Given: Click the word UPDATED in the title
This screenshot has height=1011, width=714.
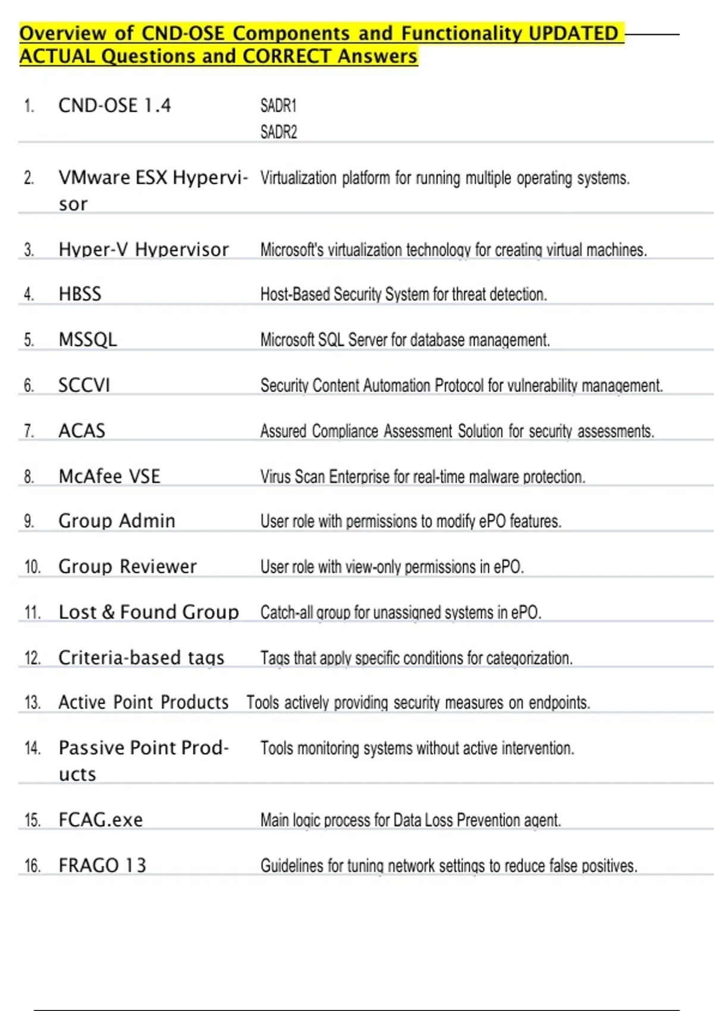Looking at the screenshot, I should tap(573, 33).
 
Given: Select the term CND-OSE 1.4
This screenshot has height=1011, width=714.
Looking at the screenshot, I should tap(114, 106).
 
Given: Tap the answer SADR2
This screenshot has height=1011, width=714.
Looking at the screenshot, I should tap(278, 132).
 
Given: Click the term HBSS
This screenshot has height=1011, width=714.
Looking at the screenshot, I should tap(80, 294).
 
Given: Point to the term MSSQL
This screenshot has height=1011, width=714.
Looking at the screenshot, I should tap(87, 340).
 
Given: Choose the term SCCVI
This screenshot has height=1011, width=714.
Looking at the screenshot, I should tap(84, 385).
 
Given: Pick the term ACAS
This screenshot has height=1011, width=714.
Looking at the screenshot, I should tap(82, 431).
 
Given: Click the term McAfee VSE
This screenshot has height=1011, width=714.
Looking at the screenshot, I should tap(109, 476).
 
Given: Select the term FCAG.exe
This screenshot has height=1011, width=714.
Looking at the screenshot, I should tap(101, 820).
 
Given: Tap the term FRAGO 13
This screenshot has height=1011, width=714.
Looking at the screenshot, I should tap(102, 865).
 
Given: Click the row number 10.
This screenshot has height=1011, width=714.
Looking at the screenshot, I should tap(32, 567).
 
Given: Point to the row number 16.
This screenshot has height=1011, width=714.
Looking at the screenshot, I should tap(32, 866).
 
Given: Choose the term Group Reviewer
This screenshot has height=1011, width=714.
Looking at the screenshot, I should tap(127, 567).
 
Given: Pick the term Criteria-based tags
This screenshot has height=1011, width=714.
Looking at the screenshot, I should tap(141, 658).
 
